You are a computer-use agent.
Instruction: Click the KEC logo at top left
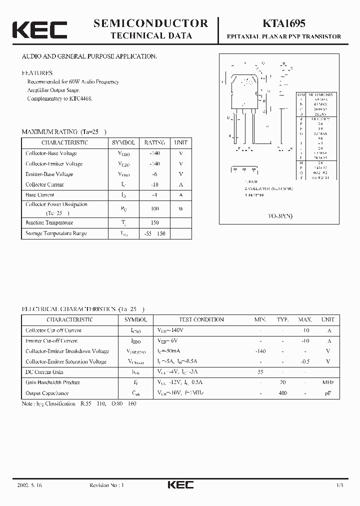coord(39,29)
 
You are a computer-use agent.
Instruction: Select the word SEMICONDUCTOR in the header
coord(150,23)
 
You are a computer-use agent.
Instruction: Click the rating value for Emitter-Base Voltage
coord(154,174)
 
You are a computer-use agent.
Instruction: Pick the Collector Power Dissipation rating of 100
coord(154,208)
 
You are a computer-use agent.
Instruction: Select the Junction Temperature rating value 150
coord(154,223)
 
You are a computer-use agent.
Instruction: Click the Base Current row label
coord(40,195)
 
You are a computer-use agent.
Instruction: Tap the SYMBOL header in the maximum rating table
coord(123,142)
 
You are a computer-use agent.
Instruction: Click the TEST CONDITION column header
coord(201,319)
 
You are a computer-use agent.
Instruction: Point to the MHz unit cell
coord(328,382)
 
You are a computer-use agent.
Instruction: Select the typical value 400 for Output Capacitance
coord(283,393)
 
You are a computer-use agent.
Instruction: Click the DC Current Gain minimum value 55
coord(260,372)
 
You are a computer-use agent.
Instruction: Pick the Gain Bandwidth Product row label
coord(53,382)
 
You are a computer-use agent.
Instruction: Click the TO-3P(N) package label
coord(282,218)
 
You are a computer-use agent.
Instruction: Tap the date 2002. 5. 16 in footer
coord(29,485)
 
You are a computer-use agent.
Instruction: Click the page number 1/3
coord(339,485)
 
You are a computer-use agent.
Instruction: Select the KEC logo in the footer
coord(180,485)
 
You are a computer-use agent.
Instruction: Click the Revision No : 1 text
coord(106,485)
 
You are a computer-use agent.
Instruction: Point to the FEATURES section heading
coord(37,72)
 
